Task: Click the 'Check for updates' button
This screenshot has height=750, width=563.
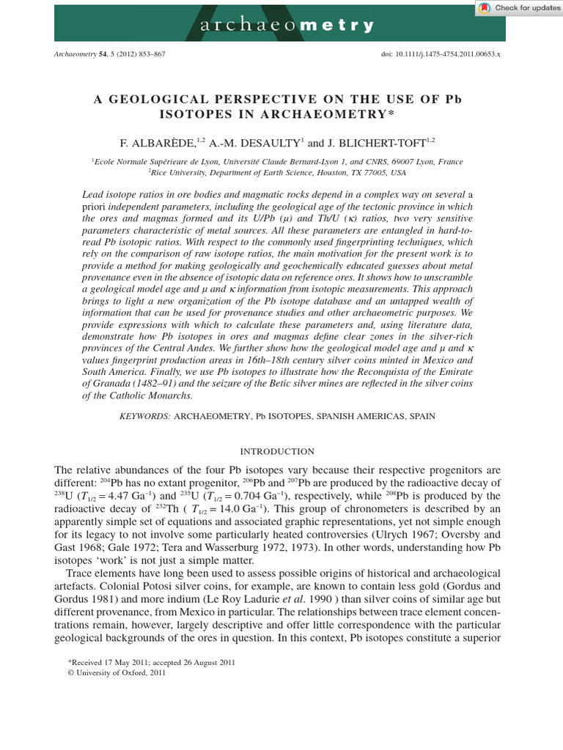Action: click(x=518, y=8)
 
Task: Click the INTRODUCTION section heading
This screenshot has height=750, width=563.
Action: click(x=281, y=452)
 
